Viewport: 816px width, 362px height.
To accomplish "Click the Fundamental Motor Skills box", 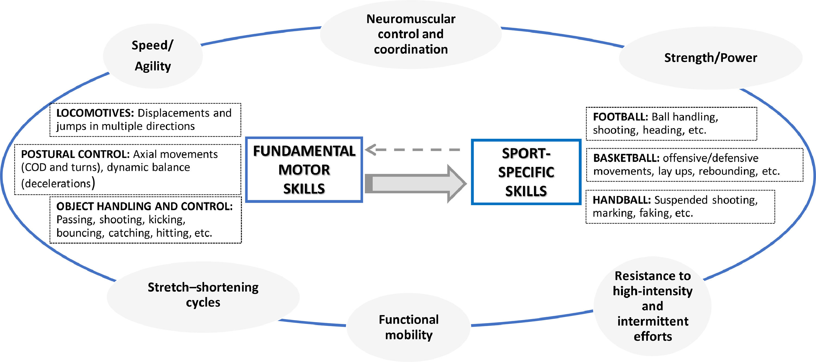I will coord(304,170).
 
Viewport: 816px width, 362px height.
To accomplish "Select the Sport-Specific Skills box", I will coord(526,172).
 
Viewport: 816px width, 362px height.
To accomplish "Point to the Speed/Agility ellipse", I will coord(153,56).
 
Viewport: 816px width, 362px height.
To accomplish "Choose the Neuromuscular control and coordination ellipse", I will coord(410,34).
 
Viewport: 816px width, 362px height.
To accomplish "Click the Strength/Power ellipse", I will coord(710,58).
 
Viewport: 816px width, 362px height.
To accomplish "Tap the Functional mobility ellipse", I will coord(409,327).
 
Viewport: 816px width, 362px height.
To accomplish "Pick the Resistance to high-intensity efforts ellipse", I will coord(653,306).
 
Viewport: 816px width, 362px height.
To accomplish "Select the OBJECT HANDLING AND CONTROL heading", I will coord(144,206).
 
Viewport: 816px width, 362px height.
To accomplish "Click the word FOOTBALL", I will coord(620,117).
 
